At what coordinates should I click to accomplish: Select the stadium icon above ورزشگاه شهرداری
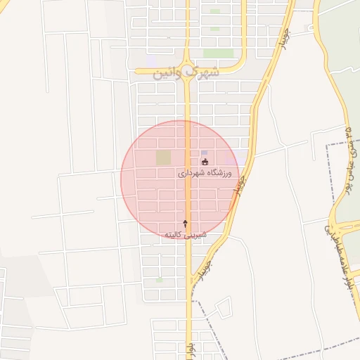pos(205,162)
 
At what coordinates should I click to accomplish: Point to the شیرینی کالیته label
pos(185,233)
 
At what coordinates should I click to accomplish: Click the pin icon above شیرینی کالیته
pos(186,223)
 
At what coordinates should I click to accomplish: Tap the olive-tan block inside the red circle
pos(163,157)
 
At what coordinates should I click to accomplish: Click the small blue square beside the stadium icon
pos(205,152)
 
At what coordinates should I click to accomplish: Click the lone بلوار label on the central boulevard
pos(190,347)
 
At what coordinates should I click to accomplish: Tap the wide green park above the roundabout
pos(218,53)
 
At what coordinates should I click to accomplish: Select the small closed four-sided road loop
pos(223,307)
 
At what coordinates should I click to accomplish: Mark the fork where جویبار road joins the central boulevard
pos(193,281)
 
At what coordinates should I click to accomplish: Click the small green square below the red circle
pos(159,280)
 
